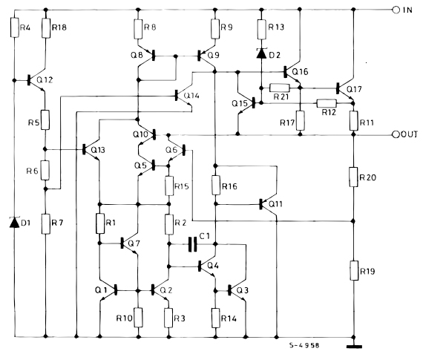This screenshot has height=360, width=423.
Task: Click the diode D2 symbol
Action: pyautogui.click(x=262, y=53)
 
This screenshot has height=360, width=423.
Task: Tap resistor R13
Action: pyautogui.click(x=262, y=29)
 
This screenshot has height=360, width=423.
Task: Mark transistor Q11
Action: pyautogui.click(x=266, y=203)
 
